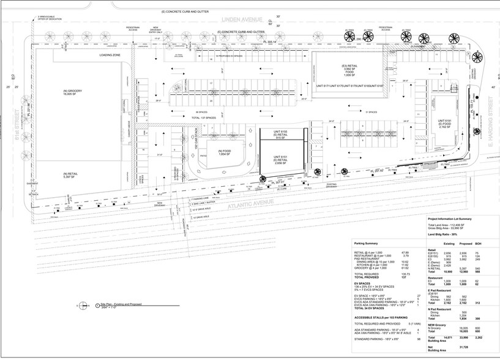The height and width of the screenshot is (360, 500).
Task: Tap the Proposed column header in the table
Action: click(x=466, y=243)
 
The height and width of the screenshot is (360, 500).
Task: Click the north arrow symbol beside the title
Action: click(x=80, y=304)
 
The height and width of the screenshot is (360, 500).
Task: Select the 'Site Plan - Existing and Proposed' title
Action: click(x=113, y=304)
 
